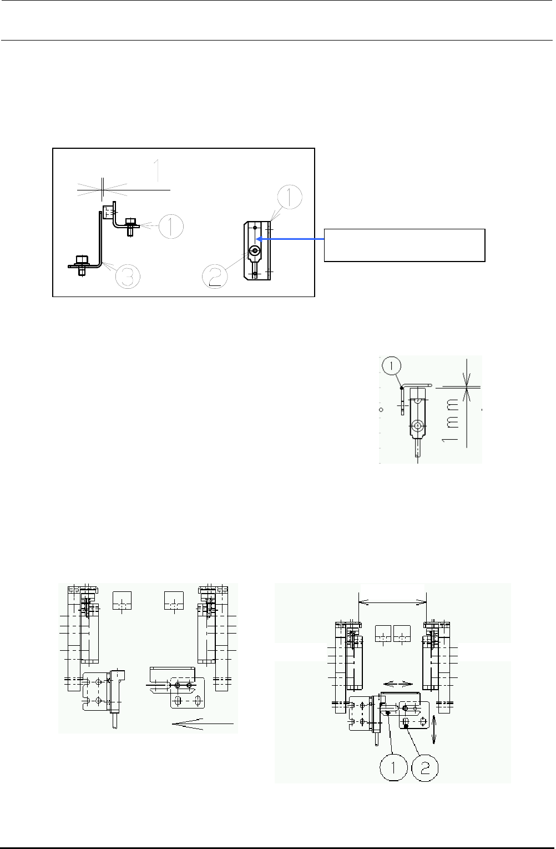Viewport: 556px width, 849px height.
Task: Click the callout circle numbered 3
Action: (x=128, y=277)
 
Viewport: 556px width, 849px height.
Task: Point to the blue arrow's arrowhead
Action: (x=260, y=239)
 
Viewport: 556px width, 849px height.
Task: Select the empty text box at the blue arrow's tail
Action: (x=405, y=245)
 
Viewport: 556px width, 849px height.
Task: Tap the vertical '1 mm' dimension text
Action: (x=450, y=420)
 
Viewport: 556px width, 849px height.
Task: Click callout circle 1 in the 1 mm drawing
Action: (x=392, y=365)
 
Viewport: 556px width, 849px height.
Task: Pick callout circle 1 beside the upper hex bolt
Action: (x=171, y=227)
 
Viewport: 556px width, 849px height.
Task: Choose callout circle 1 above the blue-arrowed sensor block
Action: (x=290, y=197)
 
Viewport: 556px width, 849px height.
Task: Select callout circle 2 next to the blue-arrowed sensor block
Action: (x=215, y=276)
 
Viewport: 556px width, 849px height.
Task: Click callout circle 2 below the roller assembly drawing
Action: (x=424, y=768)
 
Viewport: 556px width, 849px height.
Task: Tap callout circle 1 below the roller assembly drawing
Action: (x=393, y=768)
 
